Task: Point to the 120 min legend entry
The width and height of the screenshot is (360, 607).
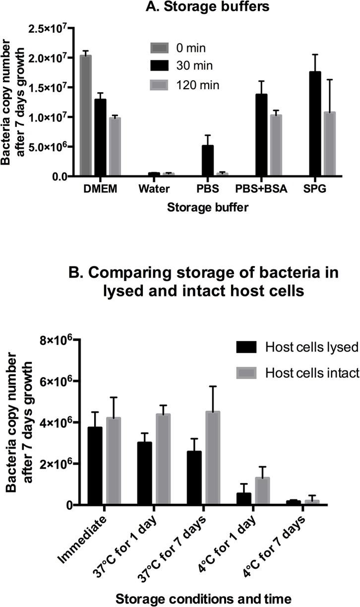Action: (x=198, y=85)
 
